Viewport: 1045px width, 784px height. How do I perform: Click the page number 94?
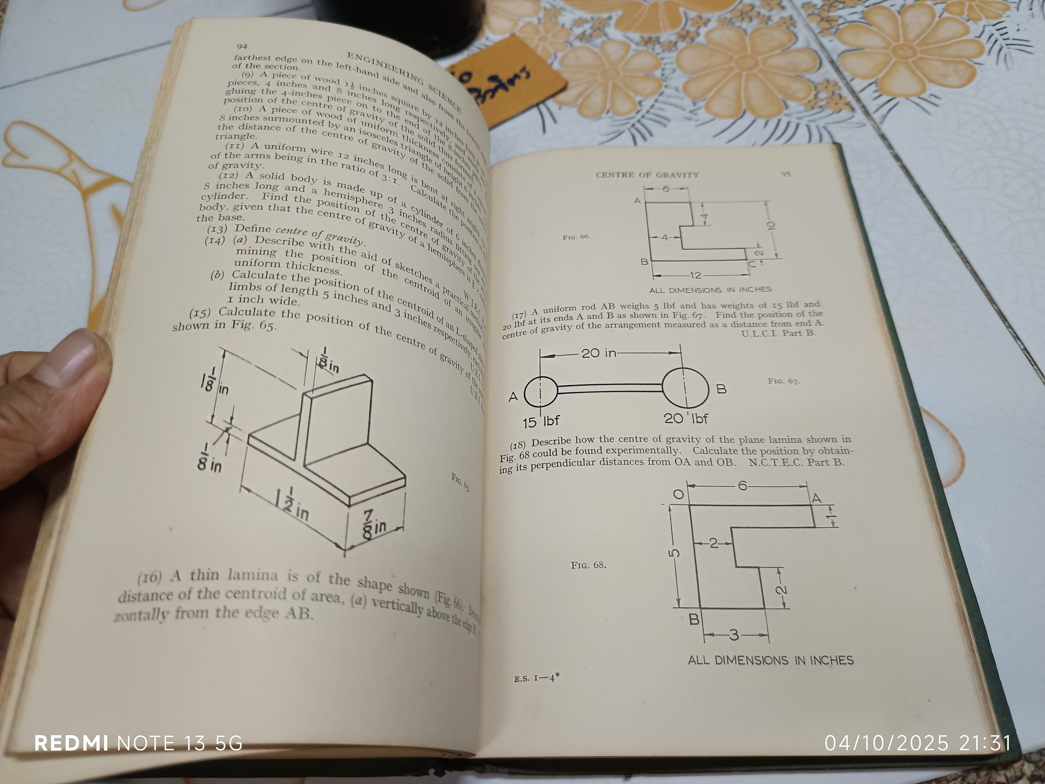(242, 46)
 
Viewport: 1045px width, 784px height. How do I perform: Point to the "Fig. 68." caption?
(588, 565)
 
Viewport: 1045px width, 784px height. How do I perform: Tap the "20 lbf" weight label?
(686, 418)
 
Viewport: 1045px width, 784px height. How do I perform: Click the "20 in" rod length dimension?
(599, 353)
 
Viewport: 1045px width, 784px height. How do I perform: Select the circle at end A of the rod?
(541, 391)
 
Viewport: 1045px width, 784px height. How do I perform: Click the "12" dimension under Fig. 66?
(695, 275)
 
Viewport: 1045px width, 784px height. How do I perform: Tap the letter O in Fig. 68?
(678, 495)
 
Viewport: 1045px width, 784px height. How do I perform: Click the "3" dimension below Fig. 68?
(734, 635)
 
